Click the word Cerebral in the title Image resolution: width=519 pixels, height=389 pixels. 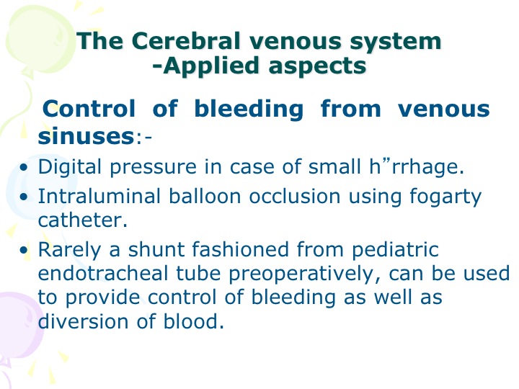(186, 40)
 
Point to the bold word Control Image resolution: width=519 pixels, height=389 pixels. (89, 109)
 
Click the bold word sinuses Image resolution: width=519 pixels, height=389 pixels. (86, 136)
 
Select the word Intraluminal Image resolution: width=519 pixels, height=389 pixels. (99, 196)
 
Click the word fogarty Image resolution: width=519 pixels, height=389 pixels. (445, 197)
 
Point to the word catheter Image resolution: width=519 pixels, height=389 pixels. (83, 220)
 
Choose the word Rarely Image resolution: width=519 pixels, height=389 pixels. (69, 251)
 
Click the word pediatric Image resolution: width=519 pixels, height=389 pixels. (395, 251)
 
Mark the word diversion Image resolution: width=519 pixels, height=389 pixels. (83, 321)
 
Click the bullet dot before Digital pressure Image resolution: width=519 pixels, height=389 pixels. (24, 168)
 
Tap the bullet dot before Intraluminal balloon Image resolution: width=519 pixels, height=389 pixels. (24, 197)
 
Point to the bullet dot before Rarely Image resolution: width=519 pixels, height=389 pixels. (24, 251)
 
